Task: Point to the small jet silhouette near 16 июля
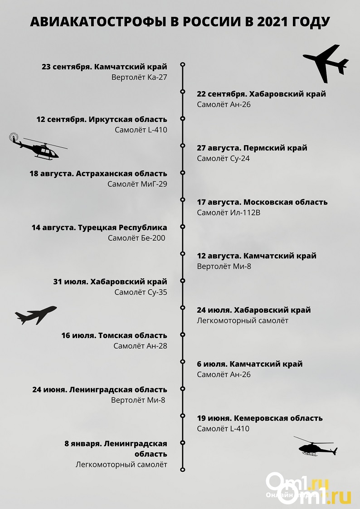[x=36, y=315]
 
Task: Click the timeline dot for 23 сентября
[x=182, y=64]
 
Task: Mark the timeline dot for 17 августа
[x=182, y=199]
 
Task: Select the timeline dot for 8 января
[x=182, y=442]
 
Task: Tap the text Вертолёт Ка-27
[x=139, y=78]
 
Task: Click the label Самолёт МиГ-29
[x=137, y=184]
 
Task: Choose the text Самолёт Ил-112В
[x=229, y=213]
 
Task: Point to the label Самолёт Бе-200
[x=137, y=238]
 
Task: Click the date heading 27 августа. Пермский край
[x=252, y=148]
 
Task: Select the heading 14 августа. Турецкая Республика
[x=99, y=228]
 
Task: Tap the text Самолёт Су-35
[x=141, y=292]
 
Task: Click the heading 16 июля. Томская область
[x=114, y=336]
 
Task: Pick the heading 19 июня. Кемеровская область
[x=260, y=418]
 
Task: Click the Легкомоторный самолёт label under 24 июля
[x=243, y=321]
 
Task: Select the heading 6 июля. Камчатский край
[x=250, y=364]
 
